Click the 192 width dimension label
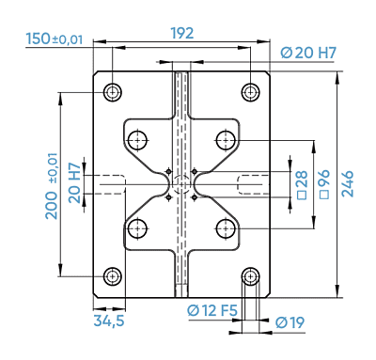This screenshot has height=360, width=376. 182,33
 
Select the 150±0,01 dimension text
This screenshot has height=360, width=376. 55,39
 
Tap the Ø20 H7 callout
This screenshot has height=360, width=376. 308,53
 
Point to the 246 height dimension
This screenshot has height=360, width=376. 347,183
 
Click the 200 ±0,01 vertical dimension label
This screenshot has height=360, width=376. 52,186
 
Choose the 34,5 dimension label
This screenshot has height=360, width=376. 109,321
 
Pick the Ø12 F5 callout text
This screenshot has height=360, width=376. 212,310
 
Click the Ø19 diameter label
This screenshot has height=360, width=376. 290,322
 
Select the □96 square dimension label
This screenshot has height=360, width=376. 324,184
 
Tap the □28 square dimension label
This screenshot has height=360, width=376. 303,185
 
